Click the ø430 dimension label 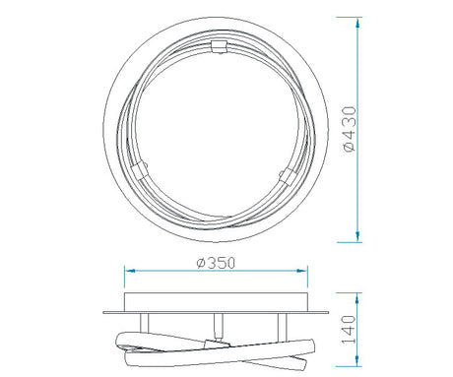click(x=350, y=129)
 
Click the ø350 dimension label click(x=216, y=263)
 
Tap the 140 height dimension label click(x=349, y=330)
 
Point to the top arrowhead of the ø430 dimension click(x=357, y=23)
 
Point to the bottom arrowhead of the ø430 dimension click(x=357, y=237)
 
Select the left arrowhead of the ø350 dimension click(x=130, y=271)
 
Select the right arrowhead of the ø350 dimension click(x=302, y=271)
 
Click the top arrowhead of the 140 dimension click(x=357, y=298)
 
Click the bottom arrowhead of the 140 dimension click(x=357, y=361)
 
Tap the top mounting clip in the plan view click(x=219, y=46)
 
